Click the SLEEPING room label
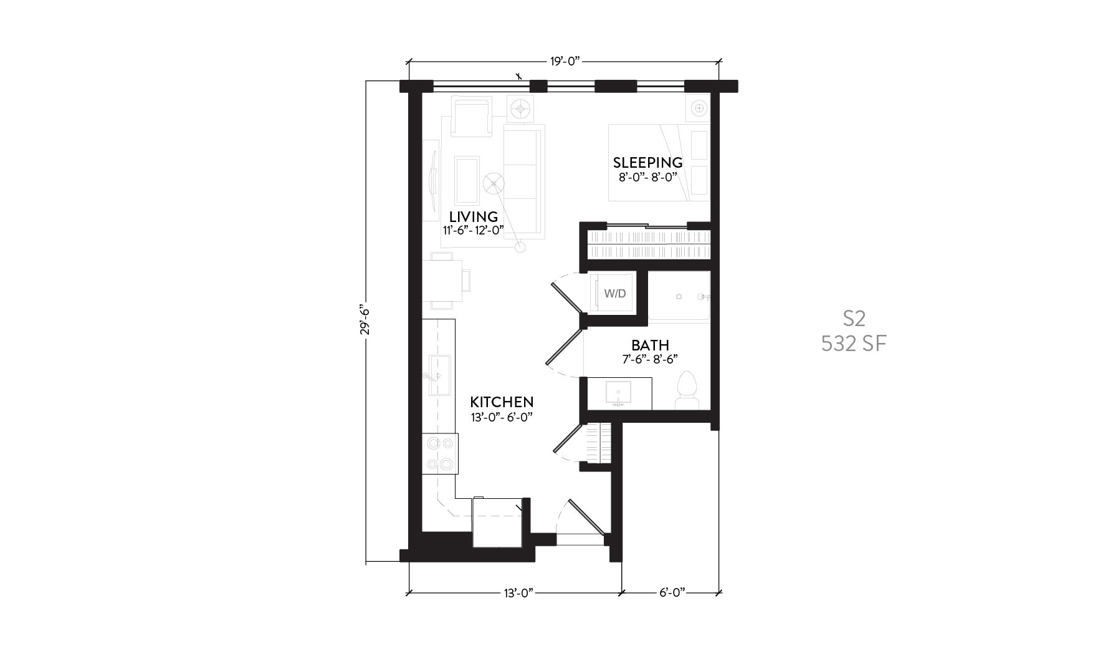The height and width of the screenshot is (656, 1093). coord(647,163)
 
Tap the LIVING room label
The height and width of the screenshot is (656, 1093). coord(474,217)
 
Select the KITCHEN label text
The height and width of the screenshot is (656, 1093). coord(502,402)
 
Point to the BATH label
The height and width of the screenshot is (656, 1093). coord(650,345)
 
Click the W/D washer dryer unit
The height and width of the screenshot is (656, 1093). coord(613,294)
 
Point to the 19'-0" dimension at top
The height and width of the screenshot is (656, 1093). coord(565,61)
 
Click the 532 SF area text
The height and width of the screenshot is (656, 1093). coord(854,344)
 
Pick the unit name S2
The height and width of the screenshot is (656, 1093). coord(854,319)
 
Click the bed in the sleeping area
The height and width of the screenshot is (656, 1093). coord(659,163)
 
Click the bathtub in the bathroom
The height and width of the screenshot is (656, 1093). coord(679,297)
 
